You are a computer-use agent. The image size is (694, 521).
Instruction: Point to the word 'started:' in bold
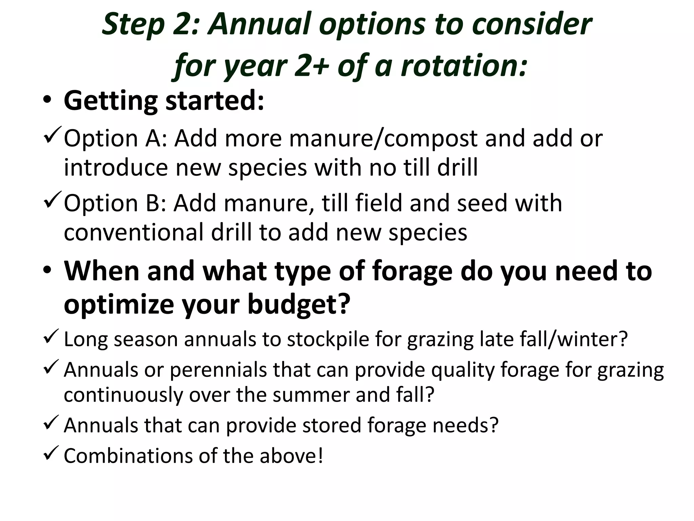point(215,101)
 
